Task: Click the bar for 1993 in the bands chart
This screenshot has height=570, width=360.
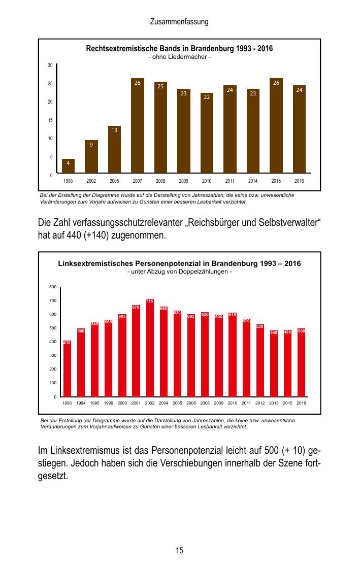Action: [68, 166]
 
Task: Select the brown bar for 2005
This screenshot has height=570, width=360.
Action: [114, 150]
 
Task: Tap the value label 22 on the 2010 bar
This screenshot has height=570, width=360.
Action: [207, 96]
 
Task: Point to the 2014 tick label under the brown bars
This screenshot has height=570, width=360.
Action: [253, 181]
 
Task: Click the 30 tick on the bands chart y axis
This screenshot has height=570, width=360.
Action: [50, 65]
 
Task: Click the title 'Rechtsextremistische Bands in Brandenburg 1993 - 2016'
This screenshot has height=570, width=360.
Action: [179, 49]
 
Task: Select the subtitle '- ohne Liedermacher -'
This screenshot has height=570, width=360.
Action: [179, 57]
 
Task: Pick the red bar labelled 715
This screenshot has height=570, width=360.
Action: [150, 350]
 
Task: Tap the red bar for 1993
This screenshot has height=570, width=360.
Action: [67, 371]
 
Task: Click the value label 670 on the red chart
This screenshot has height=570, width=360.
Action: [136, 307]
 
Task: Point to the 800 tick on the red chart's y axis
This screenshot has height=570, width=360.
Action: [53, 287]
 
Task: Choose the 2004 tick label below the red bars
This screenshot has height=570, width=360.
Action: [163, 403]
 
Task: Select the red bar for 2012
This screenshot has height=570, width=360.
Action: [260, 363]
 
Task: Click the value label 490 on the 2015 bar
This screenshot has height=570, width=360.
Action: [287, 332]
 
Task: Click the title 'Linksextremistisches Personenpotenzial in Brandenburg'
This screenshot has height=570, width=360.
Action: [179, 264]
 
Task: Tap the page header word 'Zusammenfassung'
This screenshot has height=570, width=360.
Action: [179, 22]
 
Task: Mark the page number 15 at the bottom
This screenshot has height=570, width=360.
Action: [179, 550]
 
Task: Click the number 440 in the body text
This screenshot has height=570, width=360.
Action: [76, 236]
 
